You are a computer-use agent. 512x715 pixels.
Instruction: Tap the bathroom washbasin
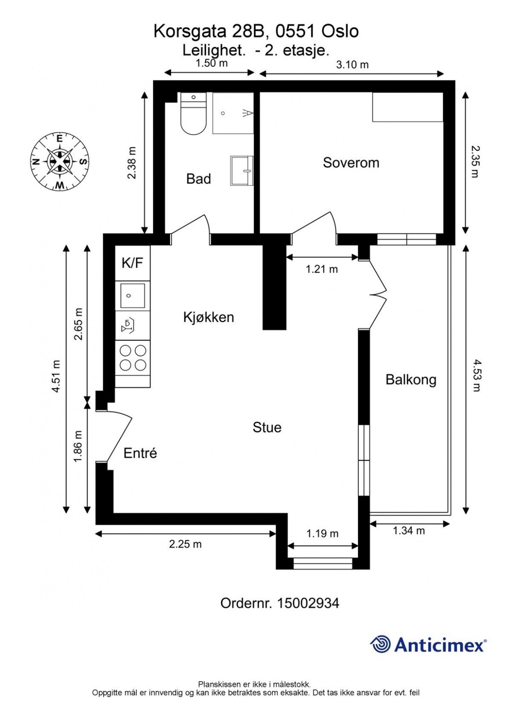[242, 170]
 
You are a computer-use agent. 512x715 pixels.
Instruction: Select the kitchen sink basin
[132, 295]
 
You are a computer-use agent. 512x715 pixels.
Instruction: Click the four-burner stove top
[133, 358]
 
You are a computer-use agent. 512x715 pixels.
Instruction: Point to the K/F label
[132, 263]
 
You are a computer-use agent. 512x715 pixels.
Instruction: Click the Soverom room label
[351, 163]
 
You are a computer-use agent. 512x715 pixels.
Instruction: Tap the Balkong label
[411, 380]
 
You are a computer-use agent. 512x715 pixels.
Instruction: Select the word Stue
[267, 427]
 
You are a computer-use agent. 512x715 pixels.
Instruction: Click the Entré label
[140, 453]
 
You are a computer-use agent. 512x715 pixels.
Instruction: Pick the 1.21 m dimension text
[322, 269]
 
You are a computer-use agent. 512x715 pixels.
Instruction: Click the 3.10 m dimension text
[352, 65]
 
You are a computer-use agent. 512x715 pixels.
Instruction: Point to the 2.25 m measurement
[185, 544]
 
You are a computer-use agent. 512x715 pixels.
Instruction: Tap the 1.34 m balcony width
[408, 531]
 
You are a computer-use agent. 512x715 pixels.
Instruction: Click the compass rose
[59, 161]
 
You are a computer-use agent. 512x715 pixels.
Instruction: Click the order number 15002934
[308, 603]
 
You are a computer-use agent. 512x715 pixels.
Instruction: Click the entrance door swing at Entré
[119, 436]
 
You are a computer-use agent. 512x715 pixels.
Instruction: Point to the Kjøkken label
[209, 317]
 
